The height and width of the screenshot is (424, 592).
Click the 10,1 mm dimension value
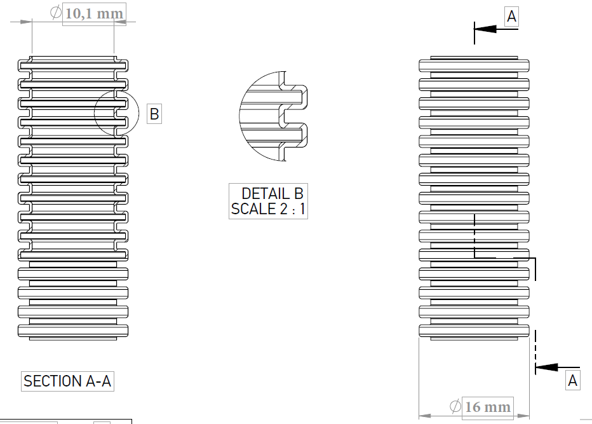pyautogui.click(x=94, y=14)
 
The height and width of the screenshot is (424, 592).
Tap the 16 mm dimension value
pyautogui.click(x=488, y=407)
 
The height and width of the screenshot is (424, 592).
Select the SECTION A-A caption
pyautogui.click(x=67, y=381)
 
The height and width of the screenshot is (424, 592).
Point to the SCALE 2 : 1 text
pyautogui.click(x=268, y=209)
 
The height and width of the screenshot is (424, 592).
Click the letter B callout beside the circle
pyautogui.click(x=154, y=114)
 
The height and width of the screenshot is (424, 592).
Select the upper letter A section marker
pyautogui.click(x=511, y=17)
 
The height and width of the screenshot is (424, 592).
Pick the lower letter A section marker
pyautogui.click(x=573, y=381)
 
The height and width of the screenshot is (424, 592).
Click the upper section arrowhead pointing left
pyautogui.click(x=485, y=29)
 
